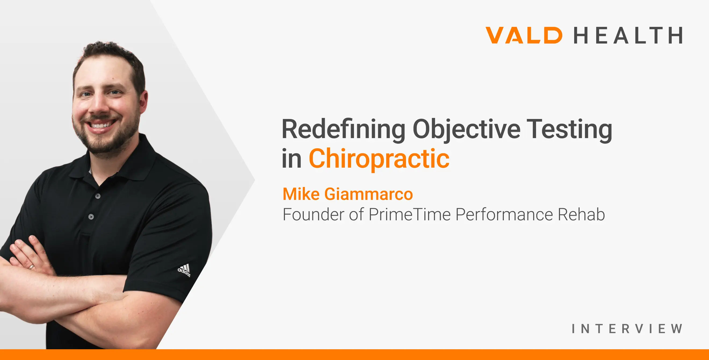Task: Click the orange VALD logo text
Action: click(524, 35)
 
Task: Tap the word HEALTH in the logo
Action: click(628, 35)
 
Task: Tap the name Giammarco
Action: click(368, 194)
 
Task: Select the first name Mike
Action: click(301, 194)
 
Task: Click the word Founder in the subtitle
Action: click(314, 214)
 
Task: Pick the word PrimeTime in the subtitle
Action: click(410, 214)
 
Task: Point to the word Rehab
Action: click(581, 214)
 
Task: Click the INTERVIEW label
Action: click(627, 329)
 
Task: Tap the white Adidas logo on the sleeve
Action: click(184, 270)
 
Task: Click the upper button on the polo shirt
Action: click(98, 196)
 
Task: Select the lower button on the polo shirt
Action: click(91, 217)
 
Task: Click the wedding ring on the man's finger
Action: click(32, 267)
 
